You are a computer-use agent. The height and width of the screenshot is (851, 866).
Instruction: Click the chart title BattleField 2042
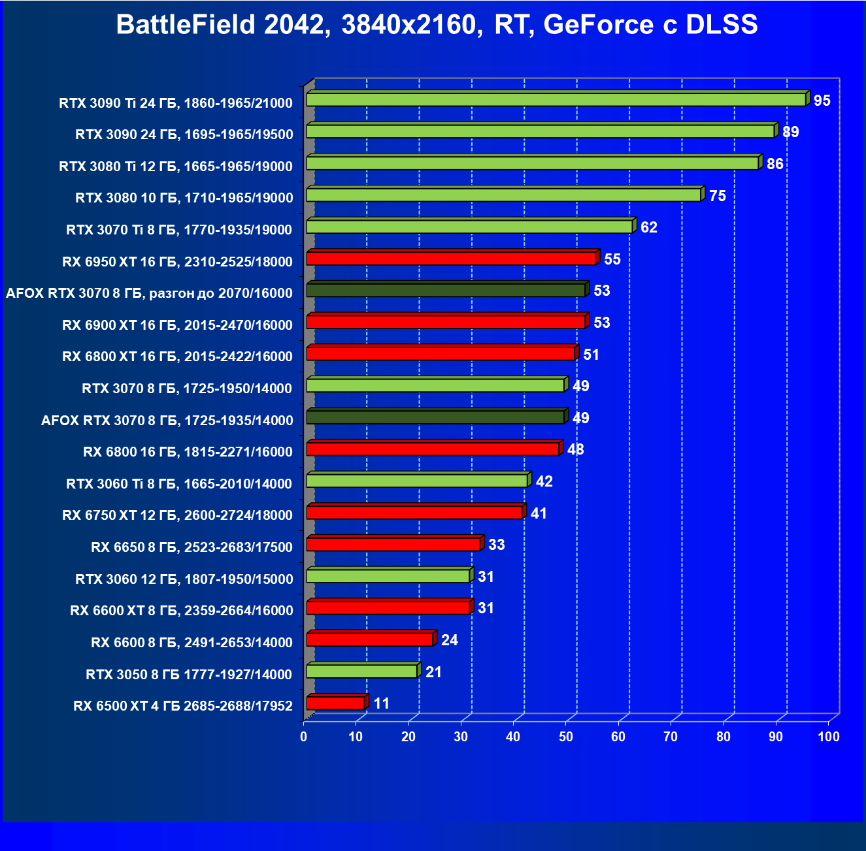437,25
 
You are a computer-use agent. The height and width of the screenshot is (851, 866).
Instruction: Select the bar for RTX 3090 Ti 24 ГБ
556,99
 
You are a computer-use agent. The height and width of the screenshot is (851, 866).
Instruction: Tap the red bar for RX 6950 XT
451,259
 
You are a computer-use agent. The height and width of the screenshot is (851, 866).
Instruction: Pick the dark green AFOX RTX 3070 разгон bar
446,290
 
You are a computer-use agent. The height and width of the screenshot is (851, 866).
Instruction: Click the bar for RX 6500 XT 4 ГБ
335,703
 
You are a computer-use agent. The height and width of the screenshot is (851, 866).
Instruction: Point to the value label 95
822,101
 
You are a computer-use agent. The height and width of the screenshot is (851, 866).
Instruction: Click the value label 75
717,196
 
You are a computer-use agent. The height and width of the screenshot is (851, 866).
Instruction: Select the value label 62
648,227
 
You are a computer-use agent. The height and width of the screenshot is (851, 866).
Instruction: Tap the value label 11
381,703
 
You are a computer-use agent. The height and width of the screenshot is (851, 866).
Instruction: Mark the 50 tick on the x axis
566,737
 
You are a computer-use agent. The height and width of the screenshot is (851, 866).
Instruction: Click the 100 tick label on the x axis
828,737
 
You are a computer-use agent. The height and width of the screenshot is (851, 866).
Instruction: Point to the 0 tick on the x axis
303,737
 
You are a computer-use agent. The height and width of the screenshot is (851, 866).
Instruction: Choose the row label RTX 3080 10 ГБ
184,198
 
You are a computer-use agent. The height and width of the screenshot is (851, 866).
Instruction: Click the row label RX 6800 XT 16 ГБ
177,357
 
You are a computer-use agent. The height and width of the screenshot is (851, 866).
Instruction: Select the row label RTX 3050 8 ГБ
189,674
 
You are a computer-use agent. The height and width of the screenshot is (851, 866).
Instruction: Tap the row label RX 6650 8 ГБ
192,547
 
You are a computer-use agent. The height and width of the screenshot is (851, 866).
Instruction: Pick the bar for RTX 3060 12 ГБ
388,576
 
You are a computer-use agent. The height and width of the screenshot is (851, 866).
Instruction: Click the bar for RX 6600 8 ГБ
370,639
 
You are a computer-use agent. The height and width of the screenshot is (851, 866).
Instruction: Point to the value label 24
449,640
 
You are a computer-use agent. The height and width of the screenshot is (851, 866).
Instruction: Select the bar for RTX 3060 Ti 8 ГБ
417,481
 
